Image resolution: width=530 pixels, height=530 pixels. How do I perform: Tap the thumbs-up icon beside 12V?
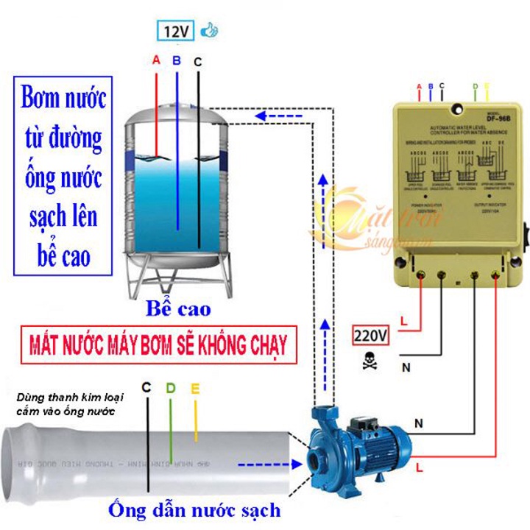coord(211,31)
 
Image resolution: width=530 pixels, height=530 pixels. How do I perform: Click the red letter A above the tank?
coord(156,62)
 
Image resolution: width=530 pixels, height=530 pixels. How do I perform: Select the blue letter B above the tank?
coord(176,62)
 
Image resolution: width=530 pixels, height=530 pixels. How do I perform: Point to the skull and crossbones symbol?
coord(367,361)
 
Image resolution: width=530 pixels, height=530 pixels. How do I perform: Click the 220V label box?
coord(372,336)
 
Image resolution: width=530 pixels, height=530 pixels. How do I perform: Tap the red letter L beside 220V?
coord(403,322)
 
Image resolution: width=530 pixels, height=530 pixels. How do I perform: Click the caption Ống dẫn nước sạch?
coord(194,509)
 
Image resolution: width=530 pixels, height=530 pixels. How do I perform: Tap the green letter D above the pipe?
coord(171,387)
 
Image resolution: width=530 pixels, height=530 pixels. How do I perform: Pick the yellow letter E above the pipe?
coord(195,387)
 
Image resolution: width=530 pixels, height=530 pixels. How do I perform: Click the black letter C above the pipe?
coord(146,387)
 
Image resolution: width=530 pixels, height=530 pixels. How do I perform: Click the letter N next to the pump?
coord(419,423)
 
